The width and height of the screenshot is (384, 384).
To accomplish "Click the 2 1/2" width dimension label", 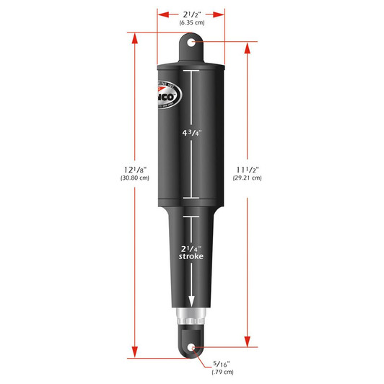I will (192, 13).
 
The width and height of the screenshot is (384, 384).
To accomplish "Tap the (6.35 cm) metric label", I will (192, 23).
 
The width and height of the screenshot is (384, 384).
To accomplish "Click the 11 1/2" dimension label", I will (248, 169).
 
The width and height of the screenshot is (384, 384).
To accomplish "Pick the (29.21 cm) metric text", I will (248, 178).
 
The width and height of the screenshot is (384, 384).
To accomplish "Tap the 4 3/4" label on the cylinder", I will (192, 133).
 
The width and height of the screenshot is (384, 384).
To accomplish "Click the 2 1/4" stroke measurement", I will (191, 247).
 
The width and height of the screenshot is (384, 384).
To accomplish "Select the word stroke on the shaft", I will (191, 256).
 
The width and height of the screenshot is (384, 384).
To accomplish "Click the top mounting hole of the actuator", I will (192, 43).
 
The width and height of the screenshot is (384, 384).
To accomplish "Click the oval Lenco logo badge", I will (167, 94).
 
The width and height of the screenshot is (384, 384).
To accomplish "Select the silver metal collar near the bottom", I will (191, 315).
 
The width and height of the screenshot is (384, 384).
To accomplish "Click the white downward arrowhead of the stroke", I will (192, 303).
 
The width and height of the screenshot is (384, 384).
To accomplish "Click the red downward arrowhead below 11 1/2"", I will (248, 344).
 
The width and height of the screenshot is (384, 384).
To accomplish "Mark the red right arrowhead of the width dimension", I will (223, 13).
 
